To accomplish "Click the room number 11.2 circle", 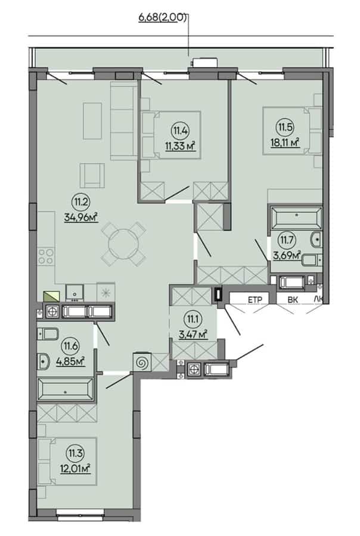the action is pyautogui.click(x=80, y=202).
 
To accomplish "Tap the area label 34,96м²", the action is pyautogui.click(x=81, y=217).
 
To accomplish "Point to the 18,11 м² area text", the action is pyautogui.click(x=285, y=142).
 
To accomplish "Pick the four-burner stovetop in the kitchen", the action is pyautogui.click(x=46, y=256).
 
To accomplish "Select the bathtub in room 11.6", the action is pyautogui.click(x=66, y=389).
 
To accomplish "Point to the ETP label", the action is pyautogui.click(x=255, y=300).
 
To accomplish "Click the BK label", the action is pyautogui.click(x=293, y=300).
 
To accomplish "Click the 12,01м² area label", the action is pyautogui.click(x=76, y=468).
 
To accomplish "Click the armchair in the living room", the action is pyautogui.click(x=92, y=175).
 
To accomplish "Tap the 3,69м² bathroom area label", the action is pyautogui.click(x=287, y=255).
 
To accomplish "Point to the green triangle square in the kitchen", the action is pyautogui.click(x=51, y=296).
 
